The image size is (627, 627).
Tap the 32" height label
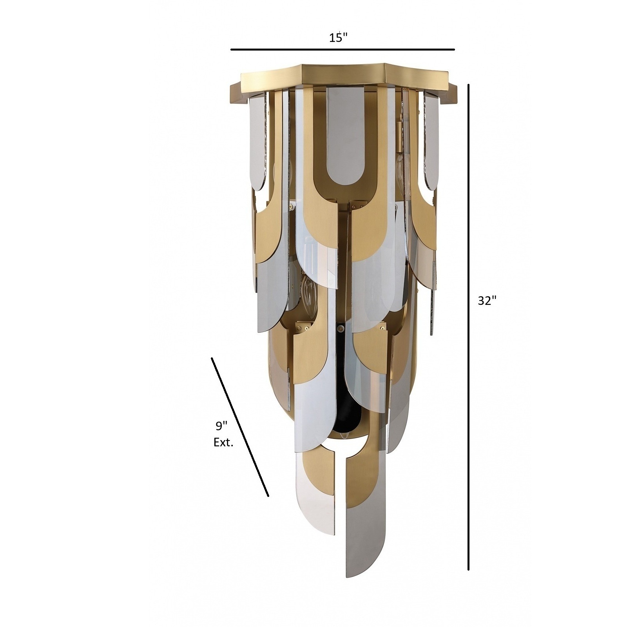(x=487, y=301)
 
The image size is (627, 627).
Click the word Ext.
(x=223, y=443)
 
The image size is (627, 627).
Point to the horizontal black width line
(x=342, y=50)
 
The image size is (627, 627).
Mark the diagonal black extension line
(x=240, y=427)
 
